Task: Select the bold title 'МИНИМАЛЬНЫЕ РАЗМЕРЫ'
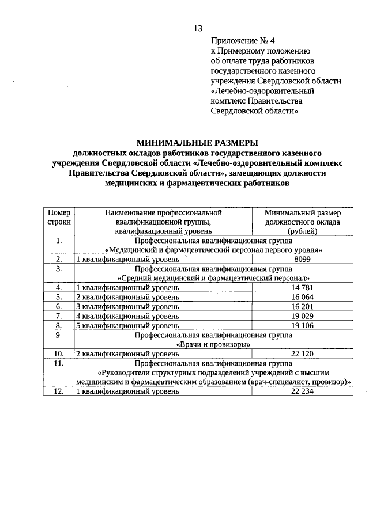pos(197,143)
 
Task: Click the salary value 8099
pos(303,260)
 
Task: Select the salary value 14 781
pos(303,287)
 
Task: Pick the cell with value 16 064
pos(303,296)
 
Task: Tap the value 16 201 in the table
pos(303,306)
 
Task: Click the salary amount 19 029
pos(303,315)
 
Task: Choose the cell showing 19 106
pos(303,325)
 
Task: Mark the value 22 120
pos(303,353)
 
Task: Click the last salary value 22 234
pos(303,391)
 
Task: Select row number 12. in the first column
pos(58,391)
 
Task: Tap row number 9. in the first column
pos(58,334)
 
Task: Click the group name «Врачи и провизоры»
pos(213,344)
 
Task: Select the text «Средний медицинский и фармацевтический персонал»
pos(213,278)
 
